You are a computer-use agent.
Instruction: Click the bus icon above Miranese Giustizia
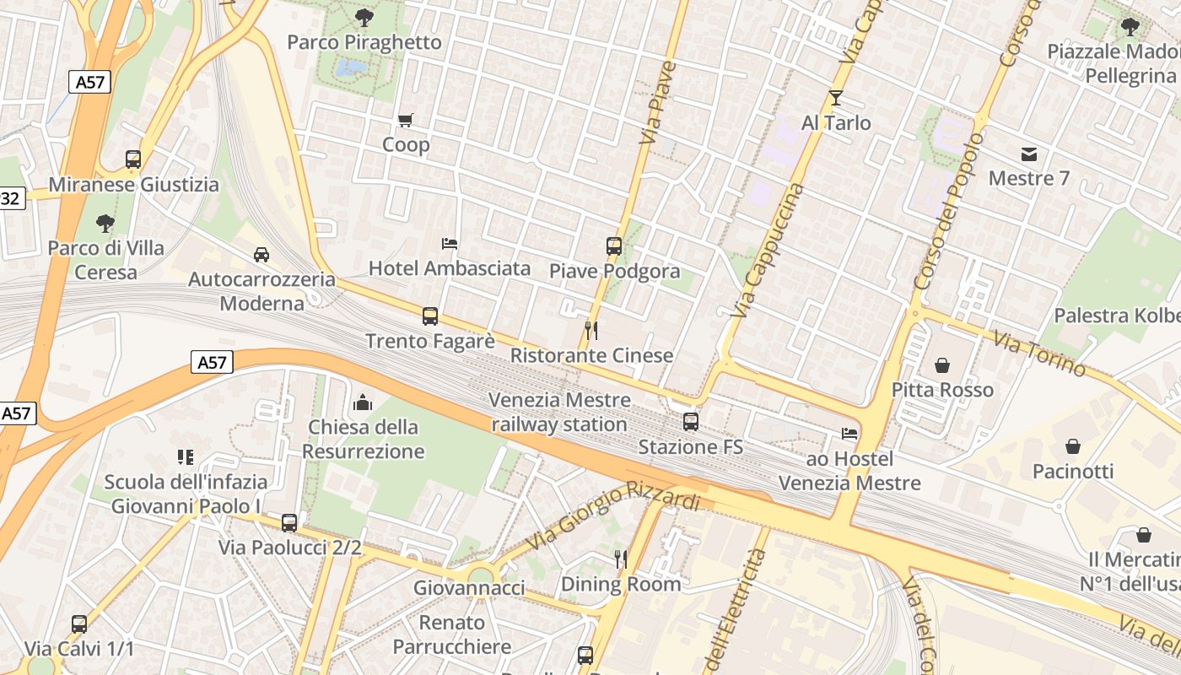point(132,159)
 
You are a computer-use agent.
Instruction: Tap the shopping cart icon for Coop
point(406,120)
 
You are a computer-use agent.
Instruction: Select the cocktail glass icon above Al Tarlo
point(835,98)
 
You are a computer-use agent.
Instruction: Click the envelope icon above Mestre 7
point(1029,154)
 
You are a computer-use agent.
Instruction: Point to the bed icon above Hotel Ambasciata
point(450,244)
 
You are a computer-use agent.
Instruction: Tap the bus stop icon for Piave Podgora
point(613,246)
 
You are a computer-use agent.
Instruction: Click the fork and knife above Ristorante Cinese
point(591,330)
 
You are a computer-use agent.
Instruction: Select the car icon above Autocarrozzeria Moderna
point(262,254)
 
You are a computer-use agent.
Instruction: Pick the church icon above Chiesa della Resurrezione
point(364,402)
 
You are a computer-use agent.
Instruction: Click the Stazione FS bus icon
point(690,421)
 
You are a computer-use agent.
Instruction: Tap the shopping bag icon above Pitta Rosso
point(942,365)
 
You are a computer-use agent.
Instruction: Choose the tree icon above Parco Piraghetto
point(364,17)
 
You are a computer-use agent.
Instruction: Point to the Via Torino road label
point(1038,354)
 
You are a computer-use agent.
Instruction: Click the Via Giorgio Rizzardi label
point(614,515)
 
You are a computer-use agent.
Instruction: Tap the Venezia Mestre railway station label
point(559,412)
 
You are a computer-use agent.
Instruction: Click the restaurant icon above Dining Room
point(621,559)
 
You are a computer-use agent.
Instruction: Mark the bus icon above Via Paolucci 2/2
point(289,523)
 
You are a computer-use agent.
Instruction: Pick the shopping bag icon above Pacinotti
point(1073,446)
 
